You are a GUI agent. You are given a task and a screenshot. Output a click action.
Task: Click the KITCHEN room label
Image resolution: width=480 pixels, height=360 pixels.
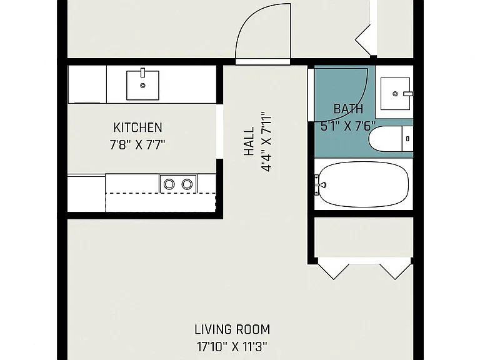137,127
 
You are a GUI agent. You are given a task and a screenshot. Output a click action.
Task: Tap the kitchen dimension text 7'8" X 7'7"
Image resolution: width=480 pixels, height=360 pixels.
137,145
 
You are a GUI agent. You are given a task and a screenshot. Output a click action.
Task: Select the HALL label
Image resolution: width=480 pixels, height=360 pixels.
249,141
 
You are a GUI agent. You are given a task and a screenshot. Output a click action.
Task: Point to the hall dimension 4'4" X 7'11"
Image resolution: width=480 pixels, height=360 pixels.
266,143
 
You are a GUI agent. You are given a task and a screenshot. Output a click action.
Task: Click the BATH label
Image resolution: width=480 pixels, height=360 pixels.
348,109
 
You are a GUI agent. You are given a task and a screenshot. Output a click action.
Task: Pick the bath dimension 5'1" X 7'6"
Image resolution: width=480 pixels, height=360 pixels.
348,126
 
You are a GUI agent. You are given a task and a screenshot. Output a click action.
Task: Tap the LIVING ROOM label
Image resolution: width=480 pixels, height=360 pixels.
232,330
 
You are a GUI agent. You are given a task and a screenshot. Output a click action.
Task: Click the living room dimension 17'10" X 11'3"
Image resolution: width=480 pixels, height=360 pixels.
232,347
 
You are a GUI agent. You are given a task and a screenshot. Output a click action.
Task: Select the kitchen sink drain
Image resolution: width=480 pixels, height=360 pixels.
142,86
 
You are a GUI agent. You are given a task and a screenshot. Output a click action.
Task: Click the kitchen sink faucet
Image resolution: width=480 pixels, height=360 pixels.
142,72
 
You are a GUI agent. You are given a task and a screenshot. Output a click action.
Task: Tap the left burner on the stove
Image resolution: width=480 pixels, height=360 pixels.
169,184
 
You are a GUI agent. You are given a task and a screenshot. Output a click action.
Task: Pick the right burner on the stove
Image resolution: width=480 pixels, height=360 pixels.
187,184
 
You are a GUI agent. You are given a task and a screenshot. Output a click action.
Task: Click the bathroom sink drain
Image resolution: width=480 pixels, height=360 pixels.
395,94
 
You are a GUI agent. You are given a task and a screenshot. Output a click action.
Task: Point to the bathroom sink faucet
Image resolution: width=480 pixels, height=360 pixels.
408,94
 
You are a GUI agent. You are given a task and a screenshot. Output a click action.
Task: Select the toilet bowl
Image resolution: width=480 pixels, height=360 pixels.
385,139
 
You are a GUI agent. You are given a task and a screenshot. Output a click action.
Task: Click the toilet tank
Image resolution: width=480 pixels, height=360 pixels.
407,139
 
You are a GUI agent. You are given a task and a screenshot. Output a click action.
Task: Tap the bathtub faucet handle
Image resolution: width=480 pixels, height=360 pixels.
321,184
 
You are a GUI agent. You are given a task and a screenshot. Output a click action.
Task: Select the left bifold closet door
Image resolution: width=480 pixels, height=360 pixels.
333,269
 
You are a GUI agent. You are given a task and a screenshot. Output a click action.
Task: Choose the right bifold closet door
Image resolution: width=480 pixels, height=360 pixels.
396,269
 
